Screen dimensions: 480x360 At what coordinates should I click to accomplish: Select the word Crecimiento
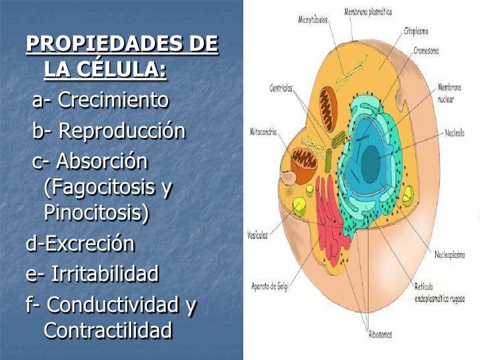click(113, 101)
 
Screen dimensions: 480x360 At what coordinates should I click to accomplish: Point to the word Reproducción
click(122, 131)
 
